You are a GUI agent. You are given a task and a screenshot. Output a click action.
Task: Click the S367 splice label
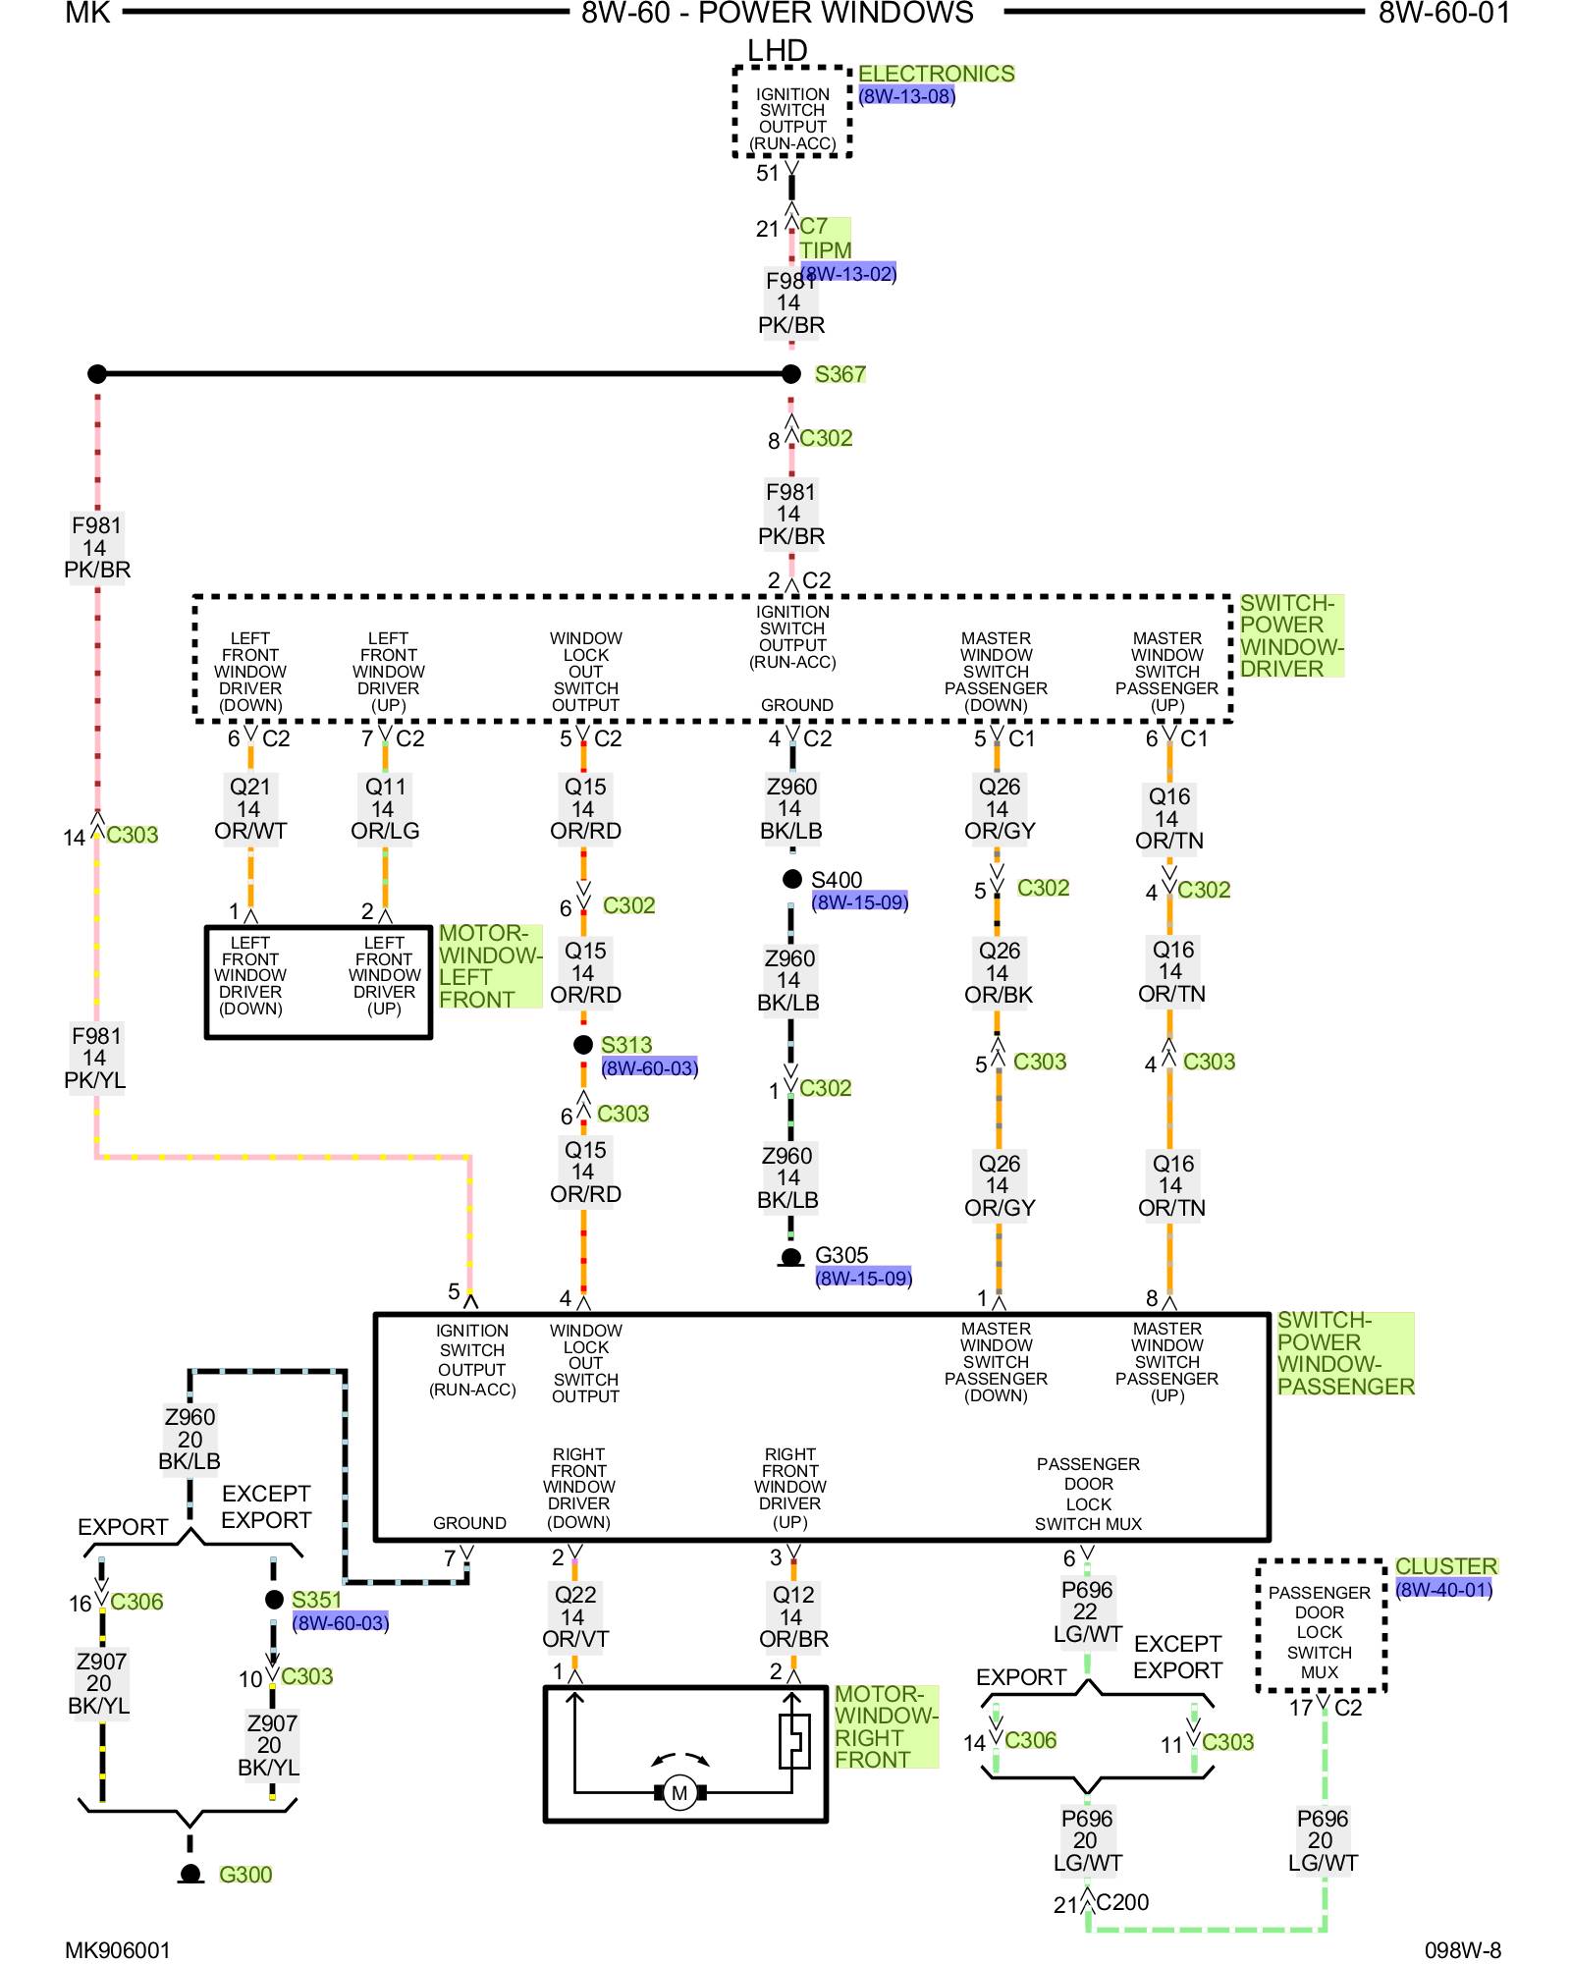(840, 374)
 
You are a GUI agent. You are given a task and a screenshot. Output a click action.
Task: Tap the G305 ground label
(841, 1255)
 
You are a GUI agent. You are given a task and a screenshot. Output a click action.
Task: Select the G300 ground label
(245, 1875)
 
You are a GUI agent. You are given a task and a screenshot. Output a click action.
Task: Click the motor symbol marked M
(679, 1793)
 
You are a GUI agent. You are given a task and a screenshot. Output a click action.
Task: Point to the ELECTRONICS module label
(936, 74)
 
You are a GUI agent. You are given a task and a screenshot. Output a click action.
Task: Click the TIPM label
(826, 250)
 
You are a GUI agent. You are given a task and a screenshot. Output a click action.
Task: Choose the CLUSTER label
(1445, 1566)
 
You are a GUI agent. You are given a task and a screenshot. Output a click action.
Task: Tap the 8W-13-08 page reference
(906, 96)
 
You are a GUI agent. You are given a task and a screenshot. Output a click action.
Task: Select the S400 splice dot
(792, 879)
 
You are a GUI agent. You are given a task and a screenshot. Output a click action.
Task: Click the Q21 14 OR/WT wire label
(250, 809)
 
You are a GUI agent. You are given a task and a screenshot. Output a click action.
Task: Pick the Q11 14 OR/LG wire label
(385, 809)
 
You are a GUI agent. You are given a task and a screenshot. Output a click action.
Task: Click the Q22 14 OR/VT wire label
(575, 1616)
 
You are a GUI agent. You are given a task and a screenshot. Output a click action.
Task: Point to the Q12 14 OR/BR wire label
(793, 1616)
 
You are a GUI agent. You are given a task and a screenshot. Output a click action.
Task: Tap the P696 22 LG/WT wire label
(1087, 1611)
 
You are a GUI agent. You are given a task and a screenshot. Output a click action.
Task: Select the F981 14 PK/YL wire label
(95, 1058)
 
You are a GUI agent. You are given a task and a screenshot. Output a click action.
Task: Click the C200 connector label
(1122, 1902)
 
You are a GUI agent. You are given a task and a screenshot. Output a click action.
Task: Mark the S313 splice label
(626, 1045)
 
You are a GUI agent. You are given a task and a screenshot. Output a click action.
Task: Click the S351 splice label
(316, 1600)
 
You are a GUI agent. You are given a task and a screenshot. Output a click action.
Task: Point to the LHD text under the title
(777, 50)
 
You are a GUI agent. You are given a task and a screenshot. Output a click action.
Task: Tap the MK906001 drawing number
(118, 1950)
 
